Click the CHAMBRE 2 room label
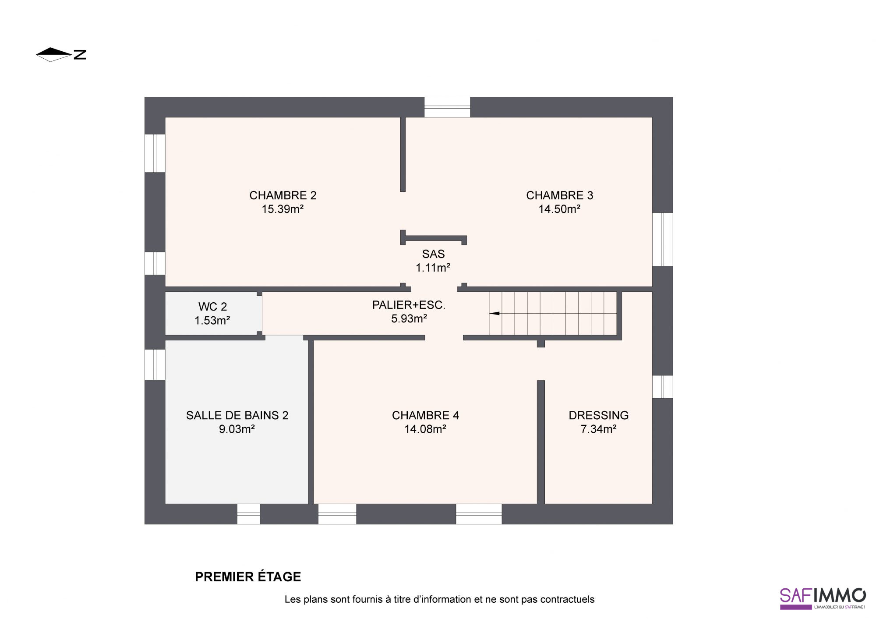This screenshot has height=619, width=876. point(283,195)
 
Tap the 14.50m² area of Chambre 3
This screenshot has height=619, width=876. point(559,209)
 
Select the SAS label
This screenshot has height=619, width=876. point(433,254)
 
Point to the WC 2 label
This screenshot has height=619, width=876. point(212,307)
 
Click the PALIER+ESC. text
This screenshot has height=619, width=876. point(409,305)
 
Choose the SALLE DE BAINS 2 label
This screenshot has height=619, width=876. point(237,415)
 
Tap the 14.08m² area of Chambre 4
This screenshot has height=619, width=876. point(425,429)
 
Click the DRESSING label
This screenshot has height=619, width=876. point(599,415)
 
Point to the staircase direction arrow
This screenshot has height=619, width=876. point(494,313)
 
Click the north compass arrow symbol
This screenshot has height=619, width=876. point(53,54)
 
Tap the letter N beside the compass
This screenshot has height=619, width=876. point(80,55)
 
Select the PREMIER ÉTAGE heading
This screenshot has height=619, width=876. point(248,577)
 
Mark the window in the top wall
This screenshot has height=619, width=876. point(447,107)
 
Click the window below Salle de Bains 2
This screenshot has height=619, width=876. point(248,514)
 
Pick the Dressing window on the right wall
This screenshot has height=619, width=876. point(662,387)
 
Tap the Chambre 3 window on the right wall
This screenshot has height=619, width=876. point(662,239)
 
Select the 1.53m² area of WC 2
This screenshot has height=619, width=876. point(212,320)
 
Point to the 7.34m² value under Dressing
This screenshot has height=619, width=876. point(599,429)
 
